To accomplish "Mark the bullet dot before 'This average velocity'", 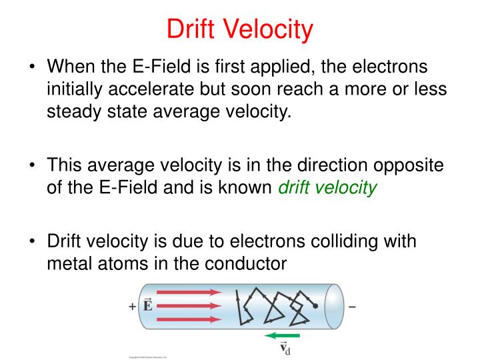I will [33, 167].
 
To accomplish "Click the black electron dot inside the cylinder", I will [315, 307].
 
